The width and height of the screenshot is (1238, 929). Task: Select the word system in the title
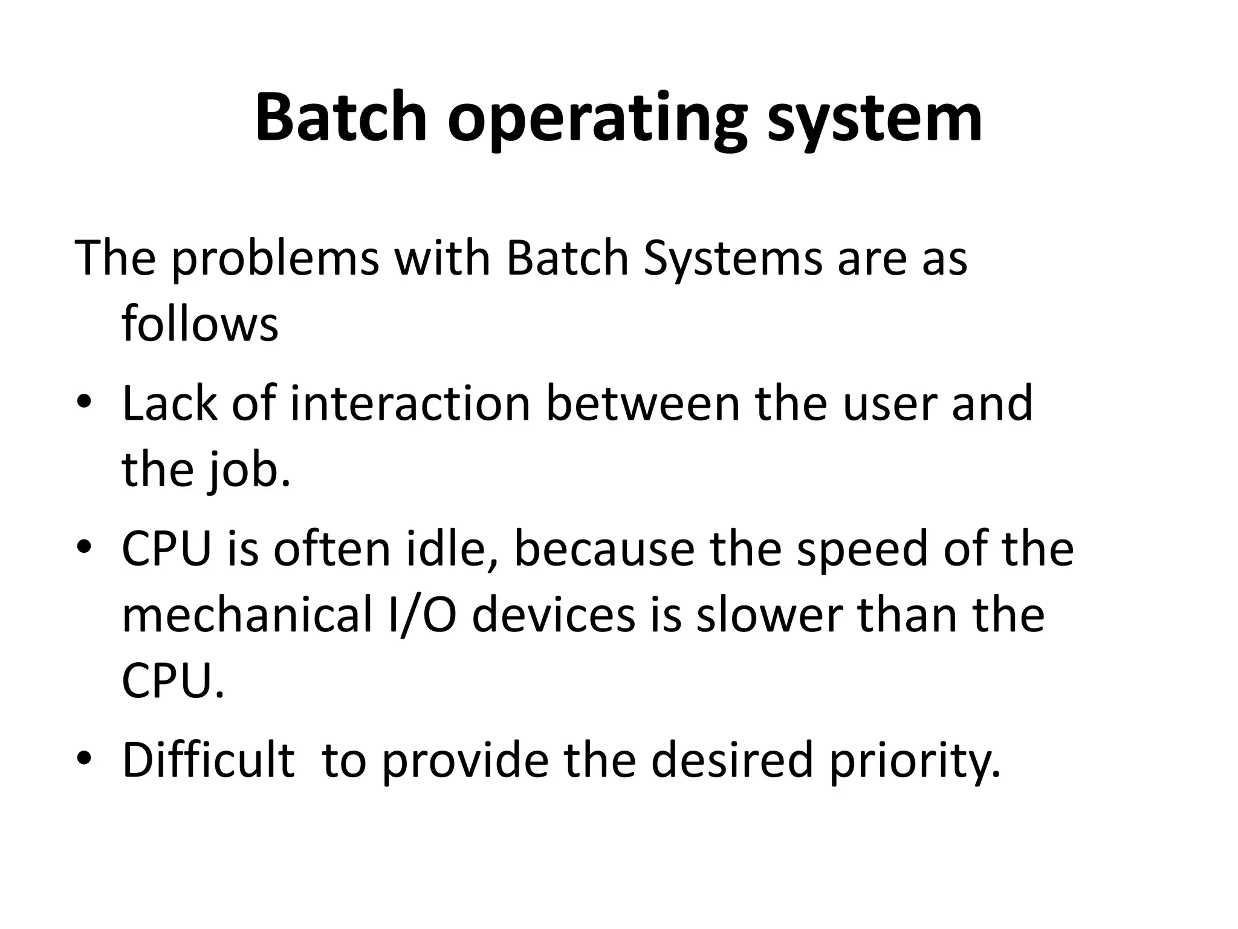[874, 120]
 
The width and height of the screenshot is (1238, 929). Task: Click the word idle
[453, 549]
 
